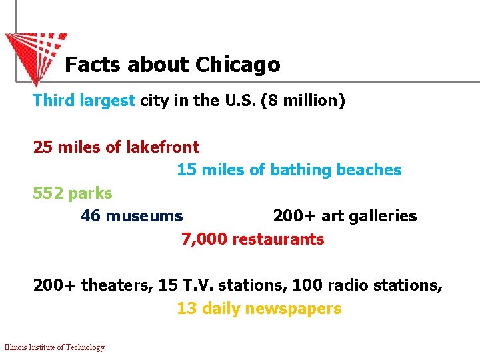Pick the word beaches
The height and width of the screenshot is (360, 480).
point(369,170)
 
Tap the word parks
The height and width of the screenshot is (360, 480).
point(91,193)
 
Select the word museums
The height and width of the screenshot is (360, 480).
point(144,216)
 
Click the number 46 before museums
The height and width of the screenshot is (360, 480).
point(91,216)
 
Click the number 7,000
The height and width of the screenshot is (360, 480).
point(204,239)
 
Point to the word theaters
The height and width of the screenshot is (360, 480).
point(117,285)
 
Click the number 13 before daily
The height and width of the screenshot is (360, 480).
point(186,309)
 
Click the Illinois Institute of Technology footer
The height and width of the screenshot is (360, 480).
point(55,347)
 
